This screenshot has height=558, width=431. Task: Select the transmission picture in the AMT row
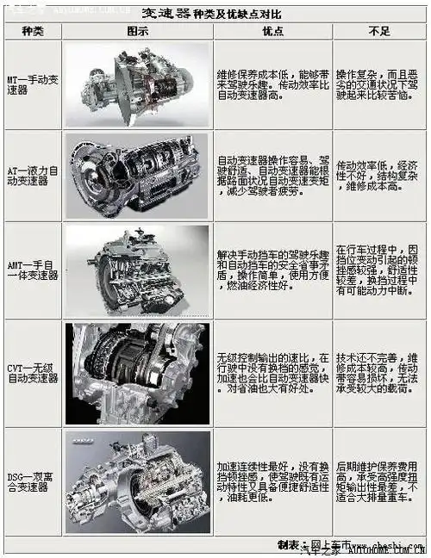pos(138,270)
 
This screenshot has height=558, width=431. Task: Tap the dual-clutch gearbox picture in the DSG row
pos(138,480)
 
